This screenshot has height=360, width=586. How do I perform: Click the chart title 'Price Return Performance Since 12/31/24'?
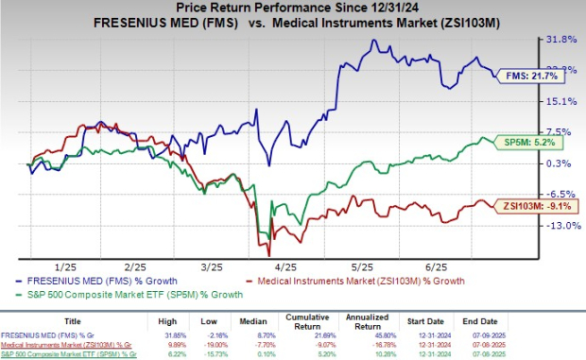pos(293,9)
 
